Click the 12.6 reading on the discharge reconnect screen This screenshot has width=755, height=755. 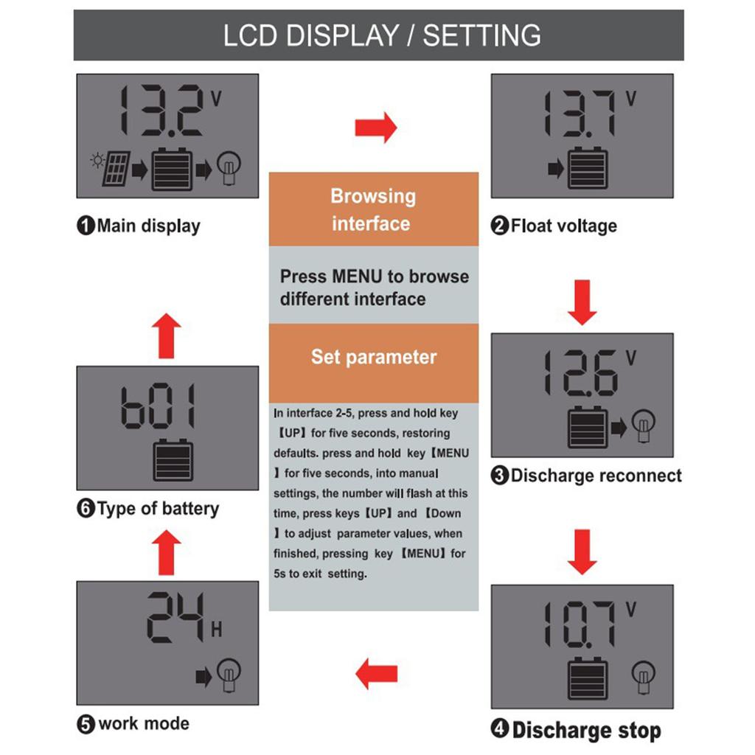click(579, 372)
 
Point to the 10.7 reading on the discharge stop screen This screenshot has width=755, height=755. click(579, 624)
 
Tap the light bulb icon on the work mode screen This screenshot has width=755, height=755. click(229, 672)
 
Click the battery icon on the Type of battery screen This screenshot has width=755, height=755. click(173, 460)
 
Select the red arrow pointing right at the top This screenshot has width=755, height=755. click(375, 128)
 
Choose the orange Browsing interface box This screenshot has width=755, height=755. click(373, 209)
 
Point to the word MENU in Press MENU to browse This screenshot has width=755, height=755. click(357, 277)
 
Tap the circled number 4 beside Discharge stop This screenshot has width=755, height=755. click(500, 731)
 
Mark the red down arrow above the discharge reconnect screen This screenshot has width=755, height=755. click(582, 302)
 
